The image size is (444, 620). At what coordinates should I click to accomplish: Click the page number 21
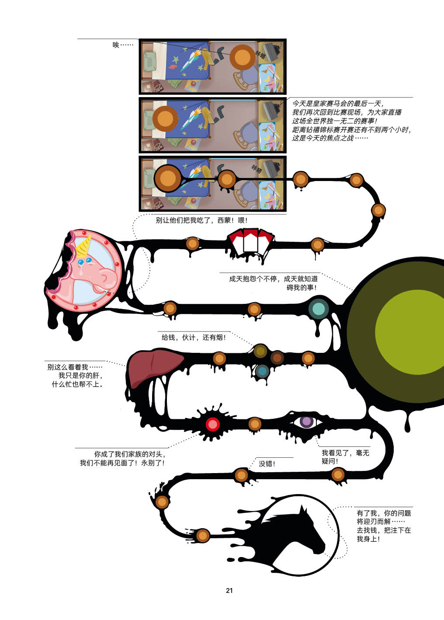pyautogui.click(x=229, y=590)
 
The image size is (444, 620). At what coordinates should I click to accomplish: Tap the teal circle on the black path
pyautogui.click(x=319, y=308)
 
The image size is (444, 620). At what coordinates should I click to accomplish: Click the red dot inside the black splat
pyautogui.click(x=213, y=424)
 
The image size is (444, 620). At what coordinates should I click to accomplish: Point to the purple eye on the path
pyautogui.click(x=306, y=421)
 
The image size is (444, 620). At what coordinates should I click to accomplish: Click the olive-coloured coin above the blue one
pyautogui.click(x=260, y=351)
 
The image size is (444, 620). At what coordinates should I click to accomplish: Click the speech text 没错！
pyautogui.click(x=267, y=463)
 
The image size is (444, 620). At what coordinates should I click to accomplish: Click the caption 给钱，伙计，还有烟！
pyautogui.click(x=194, y=337)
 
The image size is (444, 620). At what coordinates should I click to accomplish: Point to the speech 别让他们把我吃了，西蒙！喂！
pyautogui.click(x=201, y=220)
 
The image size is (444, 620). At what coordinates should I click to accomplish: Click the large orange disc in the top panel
pyautogui.click(x=243, y=57)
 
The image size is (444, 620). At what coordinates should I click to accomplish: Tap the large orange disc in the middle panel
pyautogui.click(x=165, y=118)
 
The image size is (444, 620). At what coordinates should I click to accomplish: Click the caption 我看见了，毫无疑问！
pyautogui.click(x=345, y=457)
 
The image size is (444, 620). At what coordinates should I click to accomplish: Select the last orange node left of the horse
pyautogui.click(x=202, y=535)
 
